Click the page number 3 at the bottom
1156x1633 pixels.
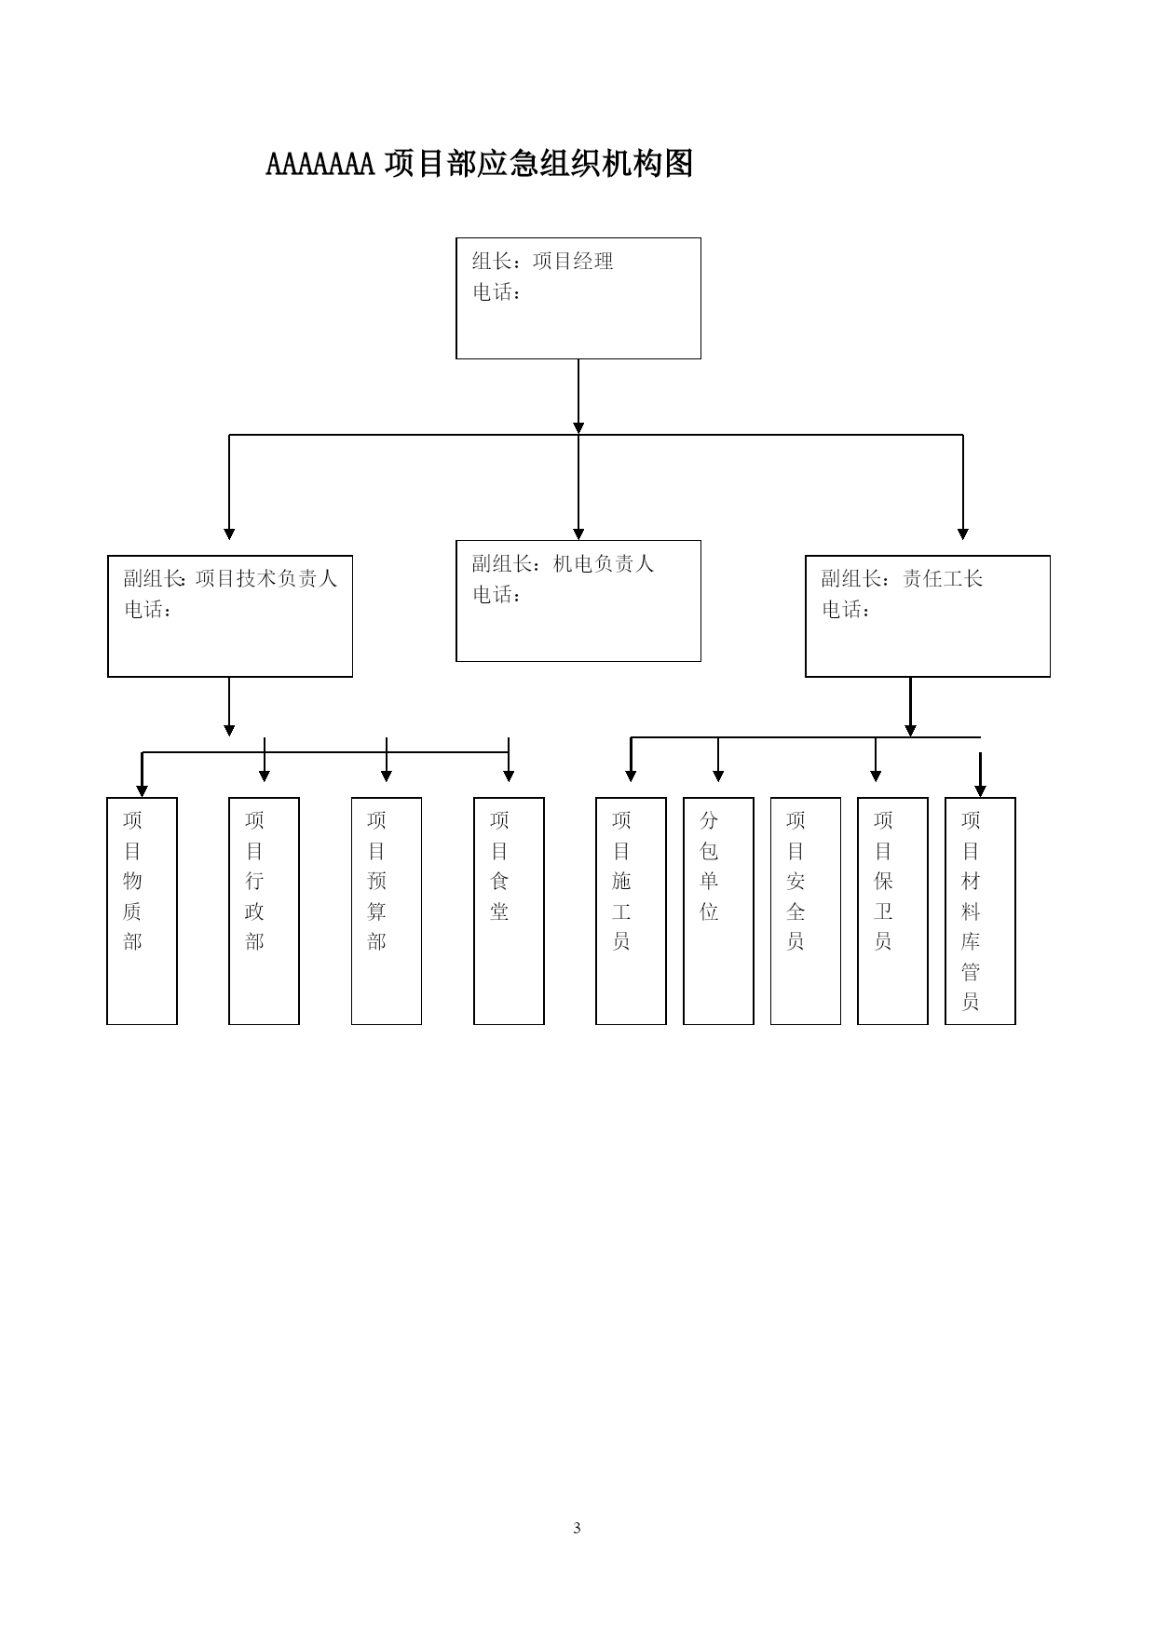[x=578, y=1528]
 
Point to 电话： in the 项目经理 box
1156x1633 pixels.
[x=496, y=292]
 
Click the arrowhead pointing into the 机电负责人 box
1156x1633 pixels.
[x=578, y=534]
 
